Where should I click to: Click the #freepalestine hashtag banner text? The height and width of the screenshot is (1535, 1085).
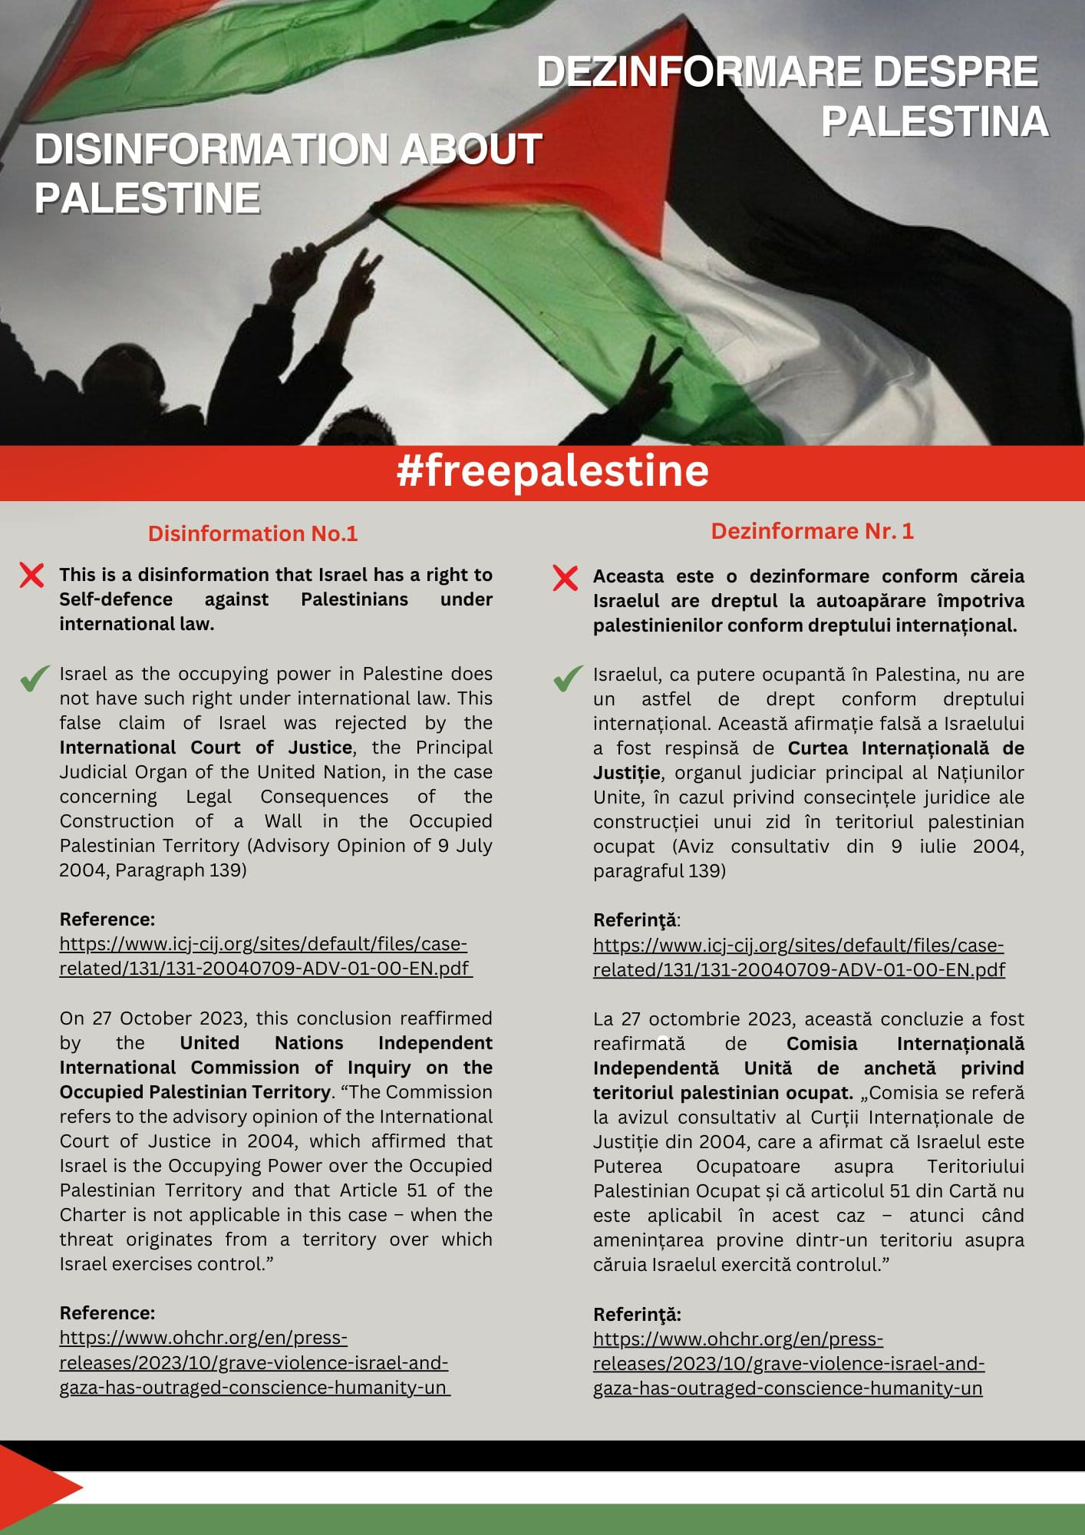[552, 471]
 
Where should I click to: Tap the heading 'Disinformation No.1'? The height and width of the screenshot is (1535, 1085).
[252, 533]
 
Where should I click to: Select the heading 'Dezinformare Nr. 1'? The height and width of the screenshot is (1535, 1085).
[812, 531]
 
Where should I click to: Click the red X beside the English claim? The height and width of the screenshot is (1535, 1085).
[31, 575]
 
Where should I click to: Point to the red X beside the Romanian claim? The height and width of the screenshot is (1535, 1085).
[565, 578]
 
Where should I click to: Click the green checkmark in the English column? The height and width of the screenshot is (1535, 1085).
[34, 678]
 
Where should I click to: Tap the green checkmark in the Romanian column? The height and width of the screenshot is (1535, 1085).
[567, 678]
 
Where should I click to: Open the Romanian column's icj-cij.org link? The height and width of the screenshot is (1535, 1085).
[798, 957]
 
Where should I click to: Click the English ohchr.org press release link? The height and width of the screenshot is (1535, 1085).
[253, 1362]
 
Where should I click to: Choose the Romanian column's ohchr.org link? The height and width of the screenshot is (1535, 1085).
[788, 1364]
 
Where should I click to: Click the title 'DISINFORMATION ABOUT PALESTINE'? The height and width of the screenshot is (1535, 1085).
[288, 173]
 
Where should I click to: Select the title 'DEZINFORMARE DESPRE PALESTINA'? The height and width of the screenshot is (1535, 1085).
[790, 97]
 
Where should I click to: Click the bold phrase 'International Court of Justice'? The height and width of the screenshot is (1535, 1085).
[206, 748]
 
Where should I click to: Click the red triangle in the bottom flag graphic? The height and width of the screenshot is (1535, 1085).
[35, 1487]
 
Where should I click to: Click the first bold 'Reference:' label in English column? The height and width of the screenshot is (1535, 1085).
[107, 919]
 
